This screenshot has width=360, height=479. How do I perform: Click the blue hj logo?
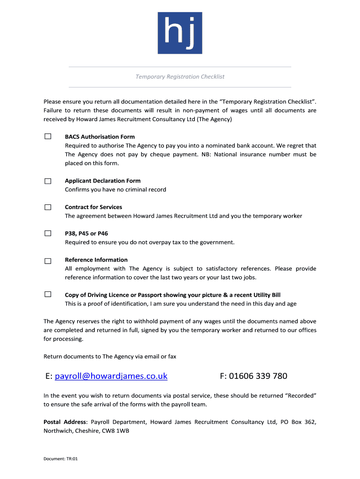point(180,33)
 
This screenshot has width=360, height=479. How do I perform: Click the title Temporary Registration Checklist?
point(180,77)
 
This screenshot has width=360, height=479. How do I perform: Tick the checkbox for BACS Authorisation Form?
point(48,137)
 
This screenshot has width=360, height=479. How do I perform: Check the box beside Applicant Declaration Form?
point(48,181)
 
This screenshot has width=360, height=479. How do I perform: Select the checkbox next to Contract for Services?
point(48,207)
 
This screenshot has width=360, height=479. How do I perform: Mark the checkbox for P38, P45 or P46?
point(48,233)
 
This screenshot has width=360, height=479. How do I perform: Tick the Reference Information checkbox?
point(48,261)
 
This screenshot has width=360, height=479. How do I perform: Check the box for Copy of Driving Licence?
point(48,295)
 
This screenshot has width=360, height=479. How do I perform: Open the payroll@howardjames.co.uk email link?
point(111,376)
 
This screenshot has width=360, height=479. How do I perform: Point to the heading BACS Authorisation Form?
point(100,137)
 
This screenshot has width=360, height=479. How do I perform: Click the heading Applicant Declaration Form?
point(102,181)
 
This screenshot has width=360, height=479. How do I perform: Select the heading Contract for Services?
point(94,207)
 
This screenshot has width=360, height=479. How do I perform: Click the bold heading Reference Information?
point(96,260)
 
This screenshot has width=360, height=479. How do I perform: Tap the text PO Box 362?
point(298,422)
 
